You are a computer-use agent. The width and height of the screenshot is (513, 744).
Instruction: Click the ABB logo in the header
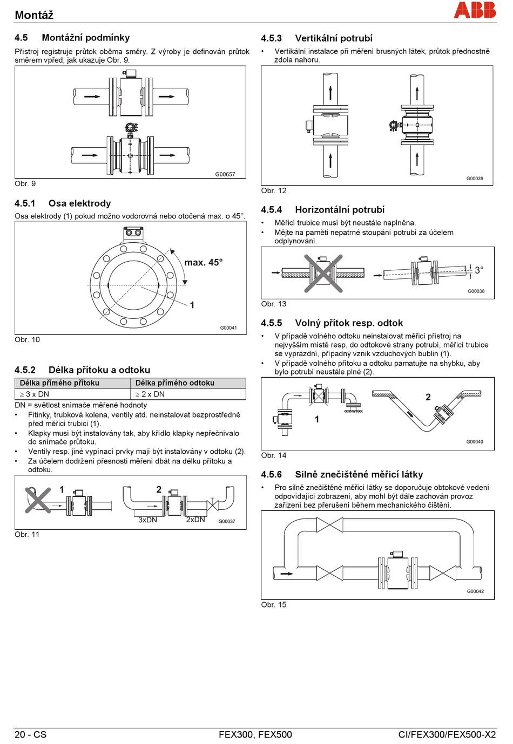pos(475,10)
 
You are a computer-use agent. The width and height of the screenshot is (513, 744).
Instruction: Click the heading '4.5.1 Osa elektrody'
pos(63,203)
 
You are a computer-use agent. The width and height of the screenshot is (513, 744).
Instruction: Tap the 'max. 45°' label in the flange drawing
pos(203,263)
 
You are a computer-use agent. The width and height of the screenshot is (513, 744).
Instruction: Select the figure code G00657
pos(225,174)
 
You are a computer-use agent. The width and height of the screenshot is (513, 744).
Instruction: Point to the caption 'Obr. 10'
pos(27,339)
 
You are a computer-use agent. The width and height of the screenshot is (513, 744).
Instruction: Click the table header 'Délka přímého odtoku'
pos(175,383)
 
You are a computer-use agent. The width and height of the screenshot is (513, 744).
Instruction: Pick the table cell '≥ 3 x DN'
pos(35,394)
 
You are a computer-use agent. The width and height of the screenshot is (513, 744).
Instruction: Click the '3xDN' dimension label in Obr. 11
pos(147,520)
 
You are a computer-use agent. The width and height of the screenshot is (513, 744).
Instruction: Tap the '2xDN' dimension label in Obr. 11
pos(195,520)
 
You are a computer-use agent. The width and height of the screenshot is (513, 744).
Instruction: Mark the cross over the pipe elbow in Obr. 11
pos(38,500)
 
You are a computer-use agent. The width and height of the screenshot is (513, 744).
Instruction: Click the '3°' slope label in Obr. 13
pos(479,270)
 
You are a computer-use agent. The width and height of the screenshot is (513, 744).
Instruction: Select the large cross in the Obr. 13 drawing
pos(323,274)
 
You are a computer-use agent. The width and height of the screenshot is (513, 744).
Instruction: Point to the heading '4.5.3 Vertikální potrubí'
pos(316,38)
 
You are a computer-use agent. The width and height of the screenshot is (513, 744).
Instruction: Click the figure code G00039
pos(475,179)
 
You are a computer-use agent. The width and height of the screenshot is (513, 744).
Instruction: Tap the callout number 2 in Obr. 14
pos(428,397)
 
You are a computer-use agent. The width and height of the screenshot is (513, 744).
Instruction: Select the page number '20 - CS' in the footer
pos(30,734)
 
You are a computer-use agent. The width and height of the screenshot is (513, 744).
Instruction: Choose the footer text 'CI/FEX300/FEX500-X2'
pos(447,734)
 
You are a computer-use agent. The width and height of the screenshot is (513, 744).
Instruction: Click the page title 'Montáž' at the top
pos(34,15)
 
